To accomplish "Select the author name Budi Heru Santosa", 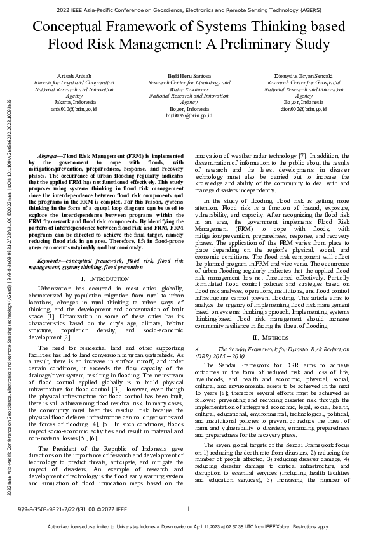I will point(189,75).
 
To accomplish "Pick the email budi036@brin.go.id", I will point(189,115).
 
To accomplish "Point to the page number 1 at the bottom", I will point(189,509).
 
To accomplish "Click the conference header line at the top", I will point(189,10).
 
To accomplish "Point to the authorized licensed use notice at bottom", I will point(189,527).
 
